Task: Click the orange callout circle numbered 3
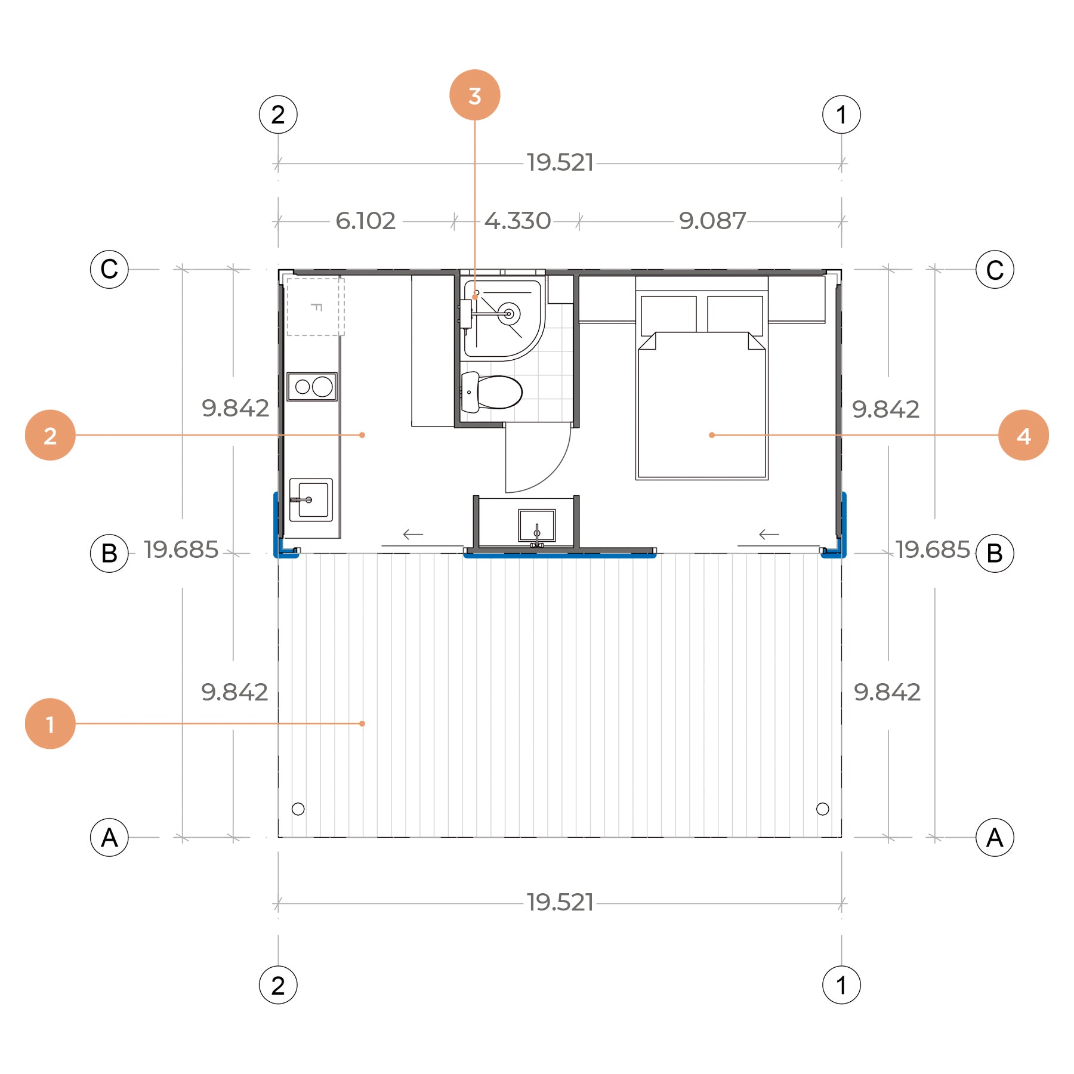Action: [474, 95]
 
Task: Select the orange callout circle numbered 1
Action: [50, 723]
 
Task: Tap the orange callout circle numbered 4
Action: [1023, 435]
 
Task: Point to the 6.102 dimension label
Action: [366, 221]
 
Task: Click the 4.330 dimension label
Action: [517, 221]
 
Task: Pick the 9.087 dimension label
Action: [712, 221]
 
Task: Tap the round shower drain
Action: [509, 313]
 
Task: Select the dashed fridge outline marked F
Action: [316, 307]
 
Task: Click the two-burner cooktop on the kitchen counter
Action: [312, 387]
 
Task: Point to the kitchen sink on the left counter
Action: [311, 499]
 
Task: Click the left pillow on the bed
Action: [668, 314]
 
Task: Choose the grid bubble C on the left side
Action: [109, 269]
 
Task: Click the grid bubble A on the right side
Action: [995, 837]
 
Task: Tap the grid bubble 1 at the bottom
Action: [841, 985]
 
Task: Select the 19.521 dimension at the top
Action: [560, 163]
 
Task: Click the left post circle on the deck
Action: [298, 809]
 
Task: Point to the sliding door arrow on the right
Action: [769, 535]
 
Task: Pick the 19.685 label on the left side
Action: [181, 550]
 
